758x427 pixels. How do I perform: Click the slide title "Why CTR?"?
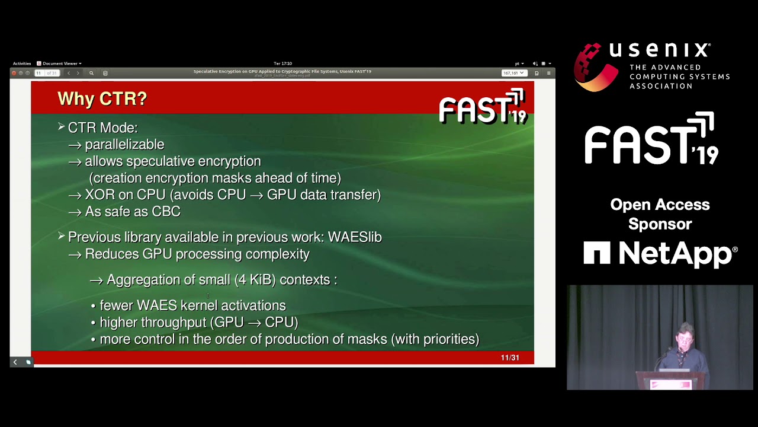[102, 99]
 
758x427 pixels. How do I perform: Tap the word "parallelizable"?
[124, 145]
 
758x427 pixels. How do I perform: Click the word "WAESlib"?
[355, 237]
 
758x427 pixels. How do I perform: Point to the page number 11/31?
[510, 358]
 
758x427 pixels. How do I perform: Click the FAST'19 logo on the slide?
[482, 107]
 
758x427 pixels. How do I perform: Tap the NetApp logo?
[660, 254]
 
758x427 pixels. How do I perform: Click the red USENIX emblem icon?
[595, 66]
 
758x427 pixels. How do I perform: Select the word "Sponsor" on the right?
[660, 224]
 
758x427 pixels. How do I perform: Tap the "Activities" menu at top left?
[22, 63]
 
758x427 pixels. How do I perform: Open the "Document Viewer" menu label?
[60, 63]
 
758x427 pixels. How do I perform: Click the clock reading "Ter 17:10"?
[282, 63]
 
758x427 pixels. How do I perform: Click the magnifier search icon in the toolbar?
[91, 73]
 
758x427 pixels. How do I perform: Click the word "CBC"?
[166, 212]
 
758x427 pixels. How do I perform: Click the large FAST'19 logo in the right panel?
[651, 139]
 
